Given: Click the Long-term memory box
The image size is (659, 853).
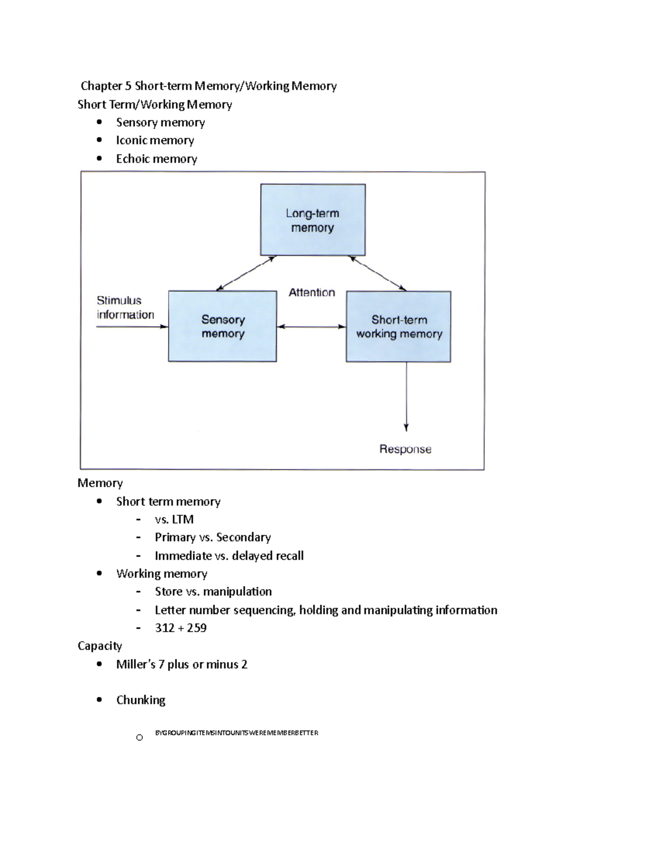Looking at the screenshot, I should click(x=312, y=220).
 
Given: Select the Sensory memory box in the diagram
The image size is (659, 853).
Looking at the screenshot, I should click(x=222, y=326).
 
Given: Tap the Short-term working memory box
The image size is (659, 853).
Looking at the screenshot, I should click(x=399, y=326).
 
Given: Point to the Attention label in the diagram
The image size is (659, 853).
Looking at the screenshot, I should click(x=312, y=293).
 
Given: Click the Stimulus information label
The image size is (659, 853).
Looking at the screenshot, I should click(x=125, y=308).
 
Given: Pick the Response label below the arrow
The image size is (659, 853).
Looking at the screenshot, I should click(x=405, y=449).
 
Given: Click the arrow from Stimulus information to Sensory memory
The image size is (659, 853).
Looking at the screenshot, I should click(x=132, y=327).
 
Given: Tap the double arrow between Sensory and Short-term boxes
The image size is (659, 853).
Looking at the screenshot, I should click(x=311, y=327).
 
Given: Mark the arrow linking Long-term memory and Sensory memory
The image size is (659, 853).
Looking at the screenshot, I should click(x=245, y=274).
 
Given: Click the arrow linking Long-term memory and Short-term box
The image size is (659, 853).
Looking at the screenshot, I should click(x=378, y=274).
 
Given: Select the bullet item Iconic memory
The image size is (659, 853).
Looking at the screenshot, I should click(x=155, y=141).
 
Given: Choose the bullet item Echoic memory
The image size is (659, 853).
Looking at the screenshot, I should click(x=157, y=159).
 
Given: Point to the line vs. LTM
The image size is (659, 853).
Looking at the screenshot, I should click(x=174, y=519).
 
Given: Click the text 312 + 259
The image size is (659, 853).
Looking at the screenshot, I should click(x=181, y=628).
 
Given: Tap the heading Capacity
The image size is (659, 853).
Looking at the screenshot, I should click(x=99, y=646).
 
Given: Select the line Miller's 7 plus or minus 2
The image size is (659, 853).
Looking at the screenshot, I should click(x=182, y=664).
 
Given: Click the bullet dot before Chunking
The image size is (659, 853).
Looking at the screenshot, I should click(x=99, y=700).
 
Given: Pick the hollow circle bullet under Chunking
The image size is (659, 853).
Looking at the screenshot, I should click(x=139, y=738).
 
